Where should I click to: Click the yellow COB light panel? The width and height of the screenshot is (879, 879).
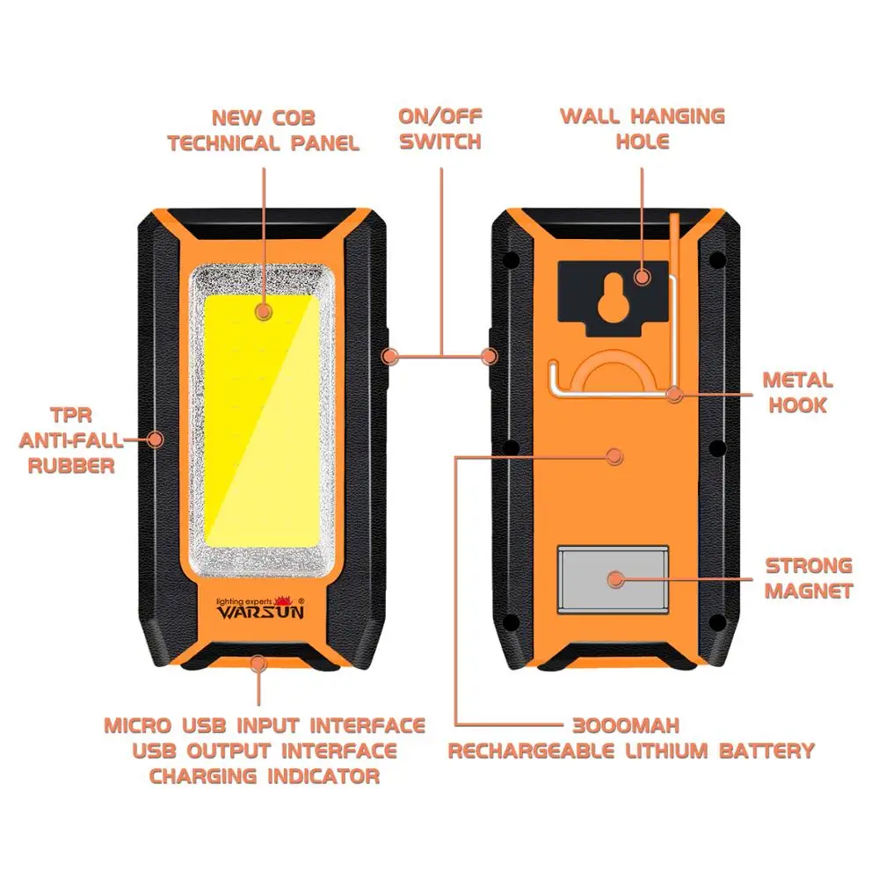262,422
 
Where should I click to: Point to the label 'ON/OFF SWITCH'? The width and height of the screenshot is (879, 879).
440,128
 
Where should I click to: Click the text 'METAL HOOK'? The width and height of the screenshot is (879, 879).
796,393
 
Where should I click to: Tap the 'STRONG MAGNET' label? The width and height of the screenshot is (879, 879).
808,578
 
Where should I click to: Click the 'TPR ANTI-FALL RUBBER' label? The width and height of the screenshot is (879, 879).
71,439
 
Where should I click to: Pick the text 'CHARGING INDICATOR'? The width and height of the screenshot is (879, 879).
264,776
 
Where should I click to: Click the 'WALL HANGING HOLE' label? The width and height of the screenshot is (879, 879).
643,128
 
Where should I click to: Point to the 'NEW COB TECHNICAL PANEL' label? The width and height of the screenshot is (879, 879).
263,130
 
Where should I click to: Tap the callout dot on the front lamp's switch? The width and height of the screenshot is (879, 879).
391,356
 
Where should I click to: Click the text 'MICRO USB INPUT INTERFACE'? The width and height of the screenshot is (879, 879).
264,726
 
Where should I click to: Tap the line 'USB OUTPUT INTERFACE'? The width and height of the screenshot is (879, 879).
264,752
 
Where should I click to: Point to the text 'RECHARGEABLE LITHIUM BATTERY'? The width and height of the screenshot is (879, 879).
631,752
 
